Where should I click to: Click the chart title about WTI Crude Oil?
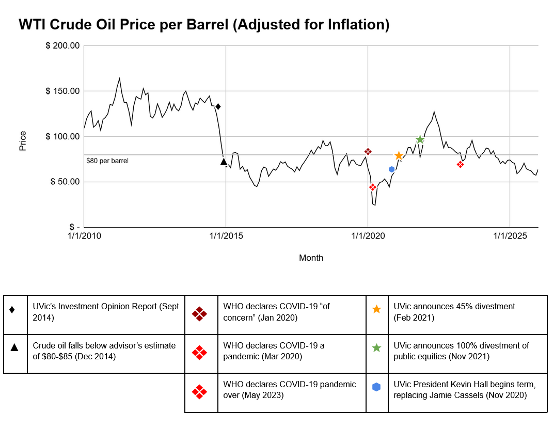pyautogui.click(x=204, y=24)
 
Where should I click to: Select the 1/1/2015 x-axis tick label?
pyautogui.click(x=226, y=236)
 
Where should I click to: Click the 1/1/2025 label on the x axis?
pyautogui.click(x=510, y=236)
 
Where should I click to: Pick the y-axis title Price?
pyautogui.click(x=23, y=141)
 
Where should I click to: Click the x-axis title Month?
pyautogui.click(x=311, y=258)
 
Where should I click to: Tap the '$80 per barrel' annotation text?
pyautogui.click(x=107, y=161)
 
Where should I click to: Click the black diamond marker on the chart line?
pyautogui.click(x=218, y=107)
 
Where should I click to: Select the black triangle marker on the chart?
pyautogui.click(x=224, y=162)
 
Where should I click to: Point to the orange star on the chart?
pyautogui.click(x=399, y=155)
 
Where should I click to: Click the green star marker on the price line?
pyautogui.click(x=420, y=139)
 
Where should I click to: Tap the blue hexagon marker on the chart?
pyautogui.click(x=392, y=169)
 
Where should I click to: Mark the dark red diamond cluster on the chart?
pyautogui.click(x=368, y=152)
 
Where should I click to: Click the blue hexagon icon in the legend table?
pyautogui.click(x=376, y=387)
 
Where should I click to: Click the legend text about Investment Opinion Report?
pyautogui.click(x=106, y=311)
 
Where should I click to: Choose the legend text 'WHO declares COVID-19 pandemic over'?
pyautogui.click(x=290, y=390)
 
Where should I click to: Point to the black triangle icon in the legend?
pyautogui.click(x=14, y=347)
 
